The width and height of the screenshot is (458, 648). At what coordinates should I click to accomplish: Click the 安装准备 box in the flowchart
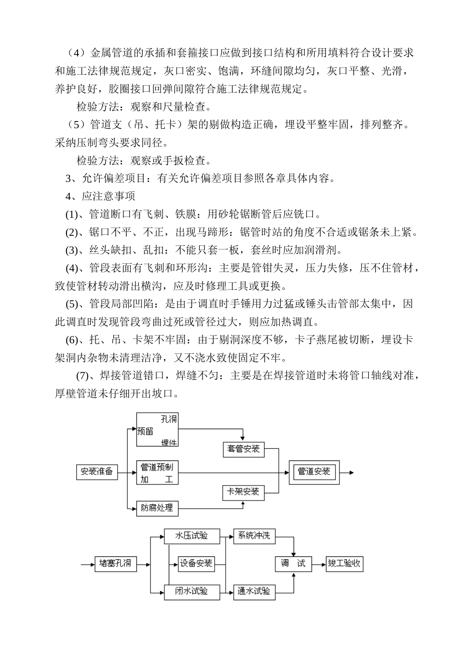pyautogui.click(x=97, y=472)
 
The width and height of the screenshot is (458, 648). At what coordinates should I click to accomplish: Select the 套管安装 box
pyautogui.click(x=243, y=449)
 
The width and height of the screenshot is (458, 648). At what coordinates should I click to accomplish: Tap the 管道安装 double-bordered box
pyautogui.click(x=314, y=472)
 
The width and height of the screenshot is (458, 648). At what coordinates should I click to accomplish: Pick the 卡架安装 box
pyautogui.click(x=243, y=492)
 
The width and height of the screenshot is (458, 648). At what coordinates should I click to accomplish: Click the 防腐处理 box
pyautogui.click(x=157, y=508)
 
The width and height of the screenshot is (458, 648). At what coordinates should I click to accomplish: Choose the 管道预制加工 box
pyautogui.click(x=157, y=472)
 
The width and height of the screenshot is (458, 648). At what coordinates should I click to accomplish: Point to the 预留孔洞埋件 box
pyautogui.click(x=157, y=430)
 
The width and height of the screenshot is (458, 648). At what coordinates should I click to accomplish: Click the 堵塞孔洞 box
pyautogui.click(x=116, y=563)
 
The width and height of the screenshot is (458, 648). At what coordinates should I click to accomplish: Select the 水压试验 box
pyautogui.click(x=192, y=536)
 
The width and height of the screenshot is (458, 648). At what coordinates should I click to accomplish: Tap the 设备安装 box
pyautogui.click(x=196, y=563)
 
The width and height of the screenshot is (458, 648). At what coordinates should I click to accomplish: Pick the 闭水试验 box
pyautogui.click(x=192, y=591)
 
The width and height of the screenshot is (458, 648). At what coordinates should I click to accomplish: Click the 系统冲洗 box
pyautogui.click(x=254, y=536)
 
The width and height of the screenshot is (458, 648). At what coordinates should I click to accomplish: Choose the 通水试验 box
pyautogui.click(x=254, y=591)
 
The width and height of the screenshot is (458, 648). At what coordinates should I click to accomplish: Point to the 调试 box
pyautogui.click(x=293, y=563)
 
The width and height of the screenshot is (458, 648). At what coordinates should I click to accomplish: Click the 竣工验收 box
pyautogui.click(x=345, y=563)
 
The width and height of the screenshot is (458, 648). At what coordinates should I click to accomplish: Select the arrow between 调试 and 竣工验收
pyautogui.click(x=319, y=563)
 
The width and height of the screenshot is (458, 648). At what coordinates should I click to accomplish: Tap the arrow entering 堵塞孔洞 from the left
pyautogui.click(x=87, y=563)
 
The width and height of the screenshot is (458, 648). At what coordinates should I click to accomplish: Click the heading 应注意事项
pyautogui.click(x=108, y=196)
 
